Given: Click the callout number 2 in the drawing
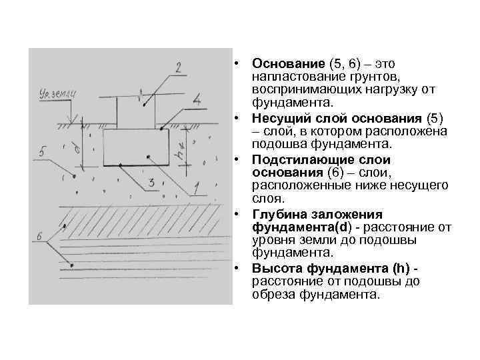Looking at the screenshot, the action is (178, 67).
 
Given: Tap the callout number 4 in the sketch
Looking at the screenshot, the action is (197, 101).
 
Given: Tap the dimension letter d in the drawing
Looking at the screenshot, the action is (79, 147).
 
